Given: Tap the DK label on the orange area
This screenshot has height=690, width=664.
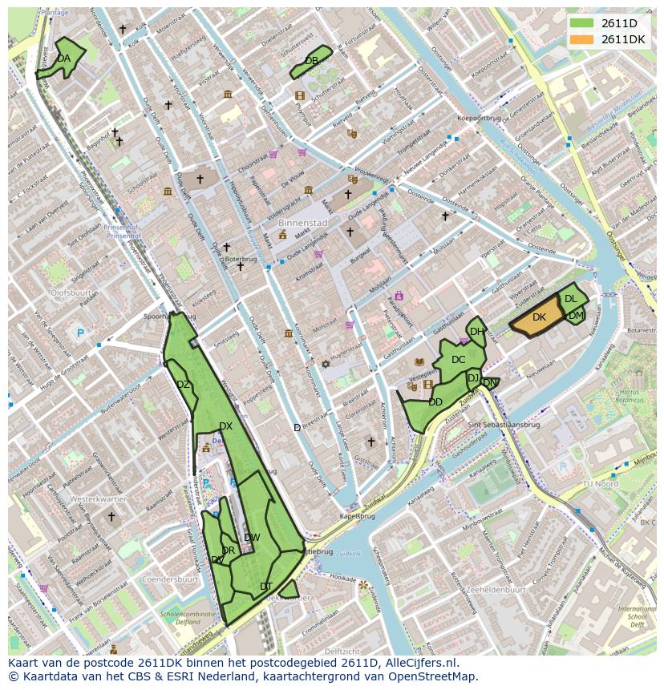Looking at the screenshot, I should pyautogui.click(x=539, y=318).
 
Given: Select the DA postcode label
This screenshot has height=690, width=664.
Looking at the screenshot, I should pyautogui.click(x=63, y=59).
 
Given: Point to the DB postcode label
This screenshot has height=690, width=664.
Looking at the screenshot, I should pyautogui.click(x=311, y=61).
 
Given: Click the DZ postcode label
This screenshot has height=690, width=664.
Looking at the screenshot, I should pyautogui.click(x=183, y=385).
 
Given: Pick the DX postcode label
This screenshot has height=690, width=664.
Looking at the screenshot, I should pyautogui.click(x=225, y=426).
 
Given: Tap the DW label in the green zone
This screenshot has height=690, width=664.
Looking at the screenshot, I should pyautogui.click(x=252, y=537).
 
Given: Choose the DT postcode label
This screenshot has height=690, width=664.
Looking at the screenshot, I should pyautogui.click(x=266, y=587).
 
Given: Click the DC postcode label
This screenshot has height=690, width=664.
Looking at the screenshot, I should pyautogui.click(x=458, y=360).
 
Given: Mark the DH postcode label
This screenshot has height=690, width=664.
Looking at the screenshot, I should pyautogui.click(x=477, y=332).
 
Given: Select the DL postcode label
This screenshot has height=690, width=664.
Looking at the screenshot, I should pyautogui.click(x=570, y=299).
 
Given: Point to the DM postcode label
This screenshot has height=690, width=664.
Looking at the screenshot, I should pyautogui.click(x=576, y=316).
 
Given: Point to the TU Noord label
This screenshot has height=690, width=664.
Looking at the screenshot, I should pyautogui.click(x=600, y=484).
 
